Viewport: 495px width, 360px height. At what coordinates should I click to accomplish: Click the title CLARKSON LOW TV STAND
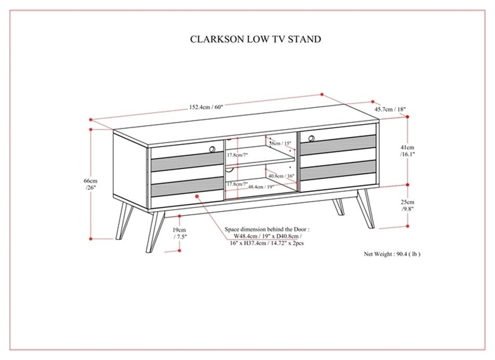point(255,39)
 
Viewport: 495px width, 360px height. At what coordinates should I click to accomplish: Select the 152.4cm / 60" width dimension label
point(205,107)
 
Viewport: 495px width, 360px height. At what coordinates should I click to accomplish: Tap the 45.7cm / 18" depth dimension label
point(390,109)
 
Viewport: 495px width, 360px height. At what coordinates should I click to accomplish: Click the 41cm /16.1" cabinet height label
point(407,150)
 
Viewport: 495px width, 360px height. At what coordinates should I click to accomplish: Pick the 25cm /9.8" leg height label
point(407,205)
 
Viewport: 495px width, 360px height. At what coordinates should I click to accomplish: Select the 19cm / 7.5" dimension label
point(181,232)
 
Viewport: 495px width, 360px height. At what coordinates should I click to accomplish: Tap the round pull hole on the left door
point(213,149)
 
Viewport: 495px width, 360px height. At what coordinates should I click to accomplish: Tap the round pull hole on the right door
point(312,138)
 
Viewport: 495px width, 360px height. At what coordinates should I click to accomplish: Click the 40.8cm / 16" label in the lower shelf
point(281,176)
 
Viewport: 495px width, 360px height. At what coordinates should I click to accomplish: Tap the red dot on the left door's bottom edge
point(198,196)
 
